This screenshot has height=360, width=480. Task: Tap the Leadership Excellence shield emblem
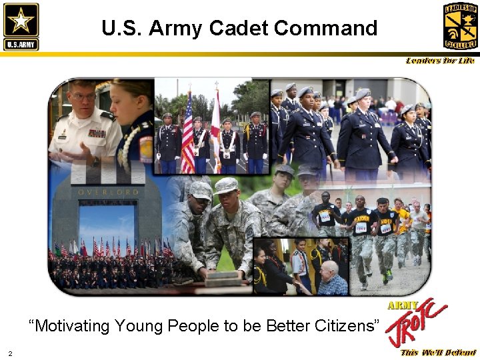[460, 25]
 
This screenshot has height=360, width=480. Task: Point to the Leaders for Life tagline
[440, 61]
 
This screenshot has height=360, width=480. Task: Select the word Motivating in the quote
[72, 325]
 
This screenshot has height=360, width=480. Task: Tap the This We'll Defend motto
[438, 353]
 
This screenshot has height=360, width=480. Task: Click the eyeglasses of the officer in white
[84, 97]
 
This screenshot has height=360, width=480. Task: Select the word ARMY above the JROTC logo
[403, 305]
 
